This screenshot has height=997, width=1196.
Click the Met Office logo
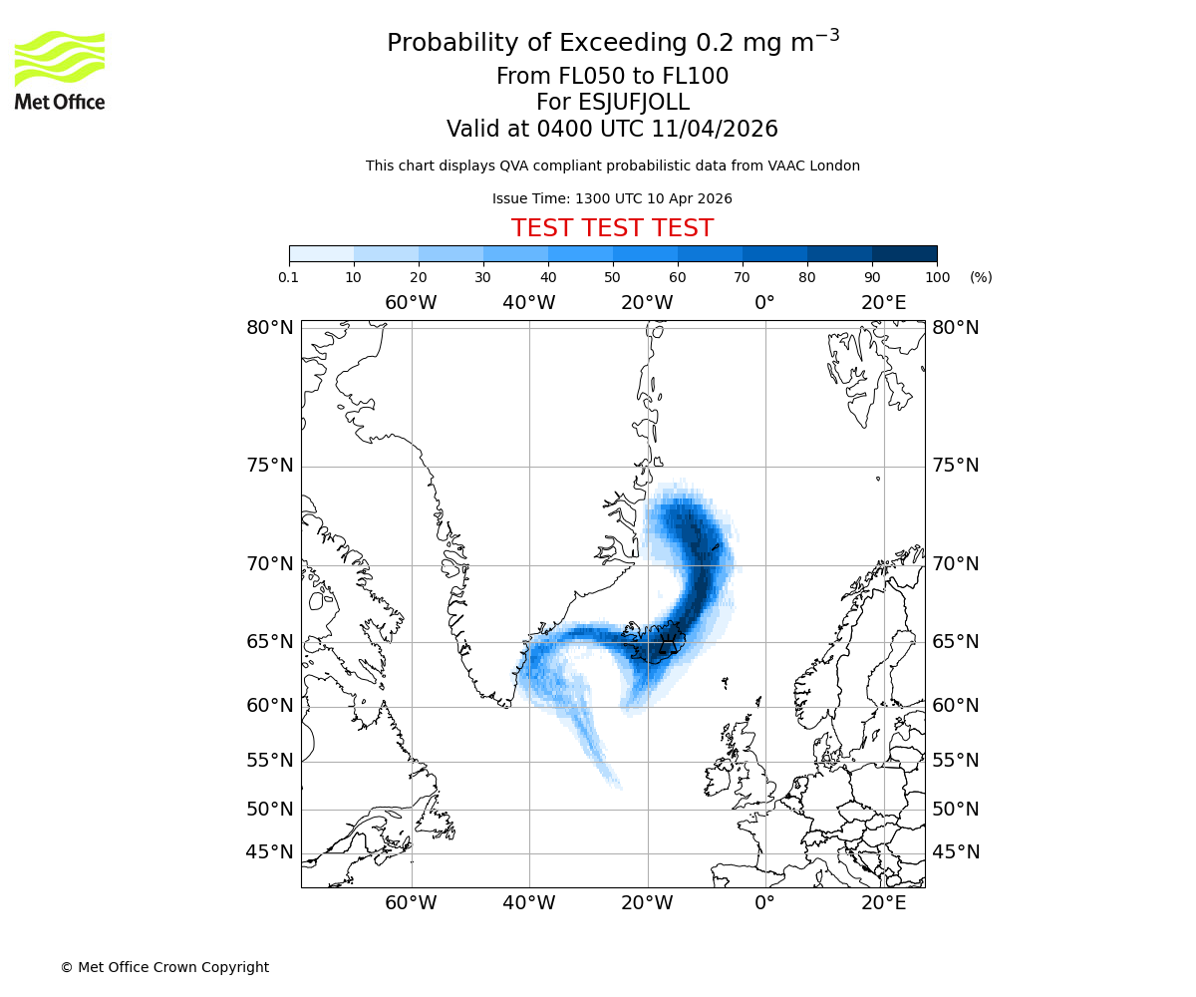[60, 70]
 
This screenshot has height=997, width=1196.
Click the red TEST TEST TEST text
[612, 228]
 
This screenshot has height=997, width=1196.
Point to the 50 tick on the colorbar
[613, 276]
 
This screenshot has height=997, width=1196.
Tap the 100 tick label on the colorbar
[937, 277]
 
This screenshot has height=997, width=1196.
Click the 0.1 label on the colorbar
[289, 277]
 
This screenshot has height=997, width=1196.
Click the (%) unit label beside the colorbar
[981, 277]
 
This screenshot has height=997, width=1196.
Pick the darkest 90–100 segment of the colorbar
[904, 253]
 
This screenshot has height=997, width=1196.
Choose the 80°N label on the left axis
[270, 328]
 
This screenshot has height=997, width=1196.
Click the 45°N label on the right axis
[956, 852]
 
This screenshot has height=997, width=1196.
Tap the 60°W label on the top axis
[411, 303]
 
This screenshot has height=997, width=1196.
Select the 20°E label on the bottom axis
[884, 903]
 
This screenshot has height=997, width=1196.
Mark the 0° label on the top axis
[764, 303]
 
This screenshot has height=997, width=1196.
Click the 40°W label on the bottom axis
[528, 903]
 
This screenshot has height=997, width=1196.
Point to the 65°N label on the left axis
[270, 642]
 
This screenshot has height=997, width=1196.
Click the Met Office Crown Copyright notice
[164, 967]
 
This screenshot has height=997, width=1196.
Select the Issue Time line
[612, 198]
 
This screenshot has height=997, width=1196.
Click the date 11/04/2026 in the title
[715, 130]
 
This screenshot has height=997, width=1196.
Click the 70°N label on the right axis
[956, 565]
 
